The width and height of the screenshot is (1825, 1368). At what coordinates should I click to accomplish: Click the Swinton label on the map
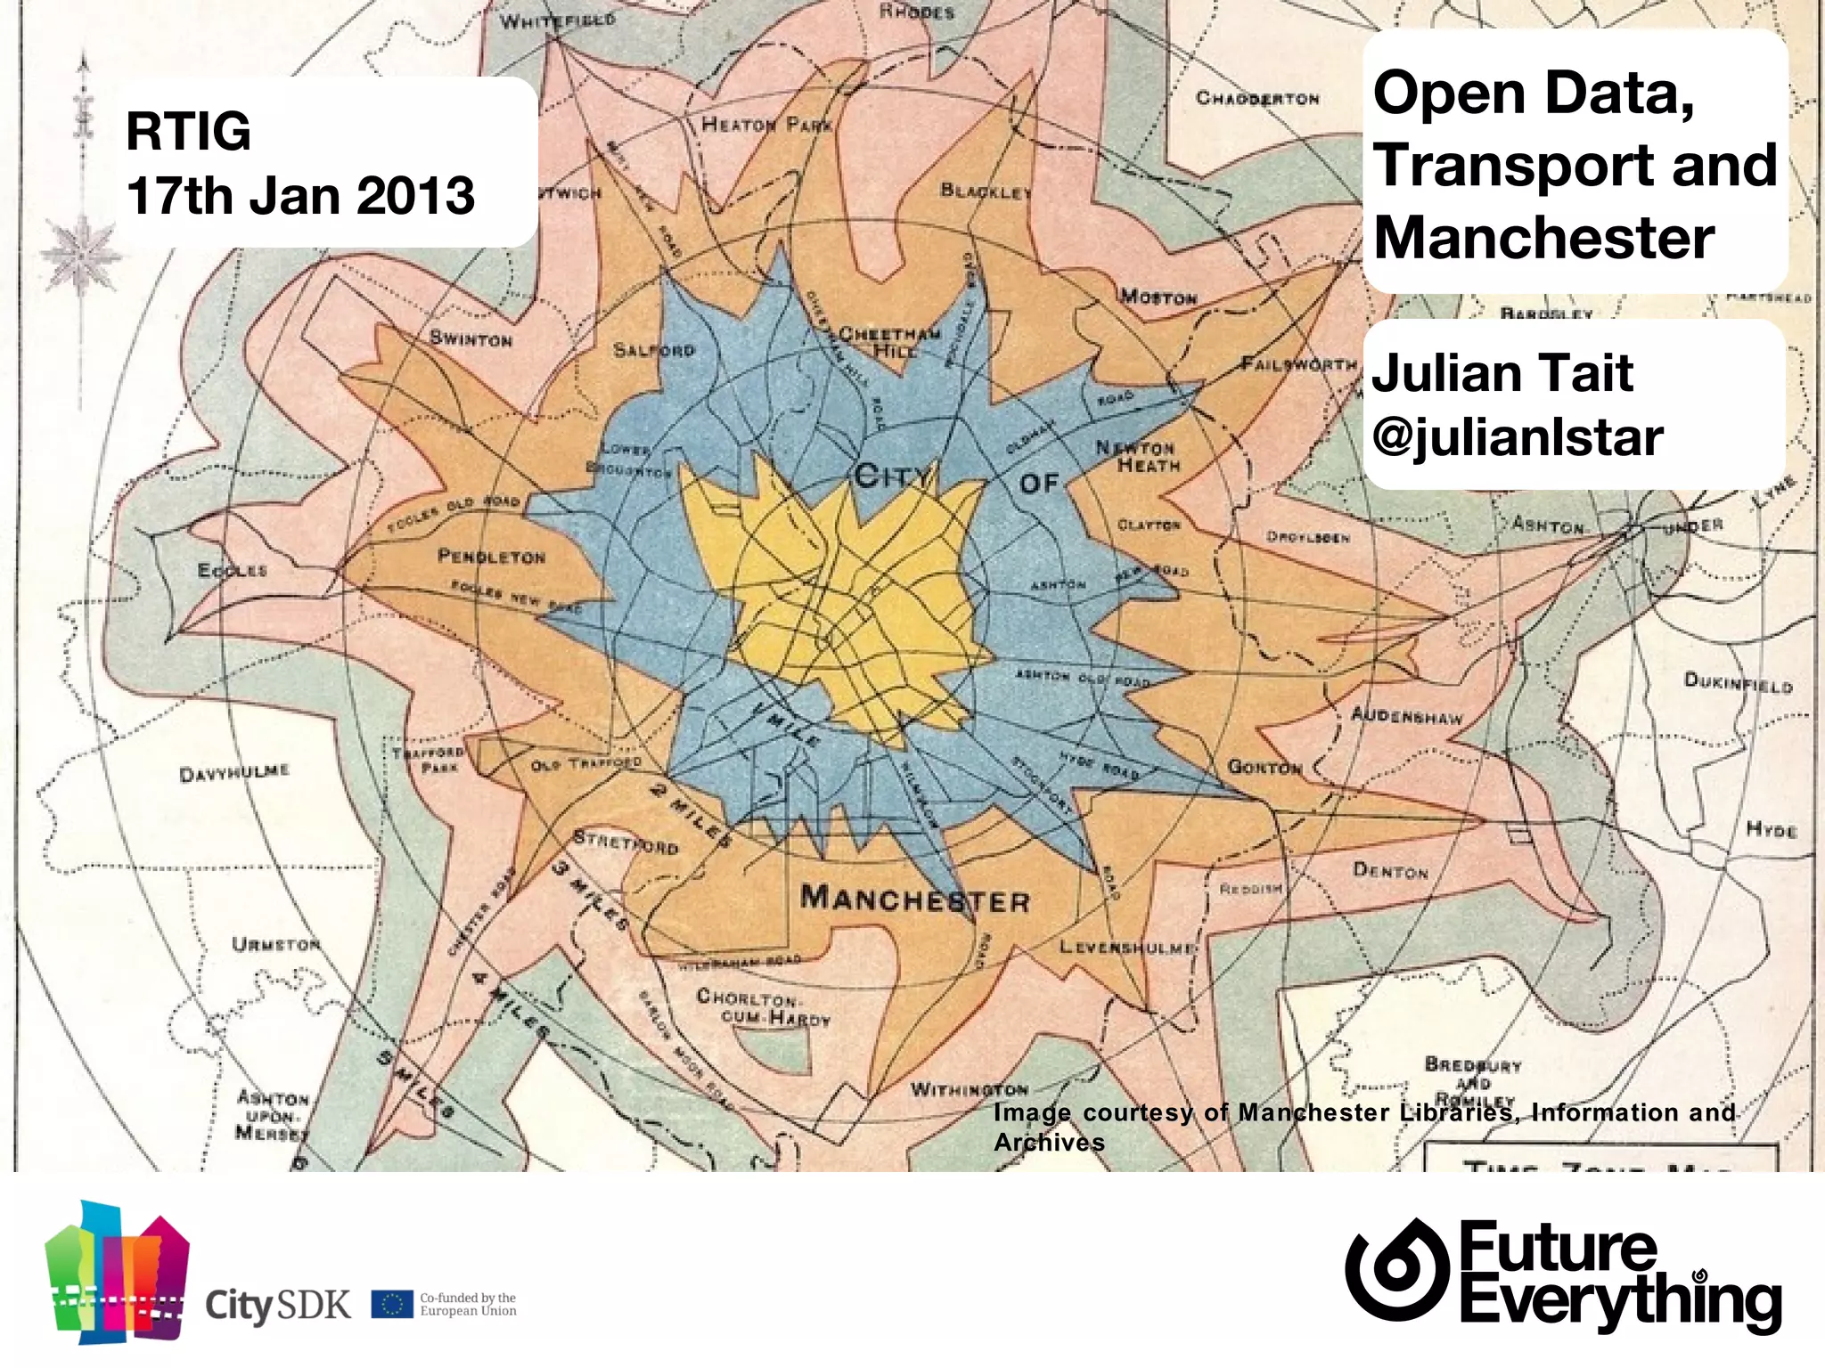[471, 339]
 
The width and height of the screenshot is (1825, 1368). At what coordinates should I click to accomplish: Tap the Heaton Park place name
[766, 125]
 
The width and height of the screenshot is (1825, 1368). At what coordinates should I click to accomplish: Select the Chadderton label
[1257, 98]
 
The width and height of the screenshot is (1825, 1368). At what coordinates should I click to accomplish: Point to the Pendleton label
[491, 557]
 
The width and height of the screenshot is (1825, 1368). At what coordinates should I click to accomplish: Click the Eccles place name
[232, 569]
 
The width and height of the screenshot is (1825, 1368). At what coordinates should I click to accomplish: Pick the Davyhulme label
[234, 771]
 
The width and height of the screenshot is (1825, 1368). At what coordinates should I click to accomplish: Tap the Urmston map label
[275, 943]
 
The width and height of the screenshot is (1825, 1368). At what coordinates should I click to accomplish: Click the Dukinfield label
[1738, 682]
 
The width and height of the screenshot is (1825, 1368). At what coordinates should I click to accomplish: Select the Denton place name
[1390, 870]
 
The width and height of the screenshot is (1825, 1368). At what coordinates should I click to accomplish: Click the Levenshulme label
[1127, 947]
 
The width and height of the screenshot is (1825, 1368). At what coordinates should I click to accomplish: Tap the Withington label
[969, 1089]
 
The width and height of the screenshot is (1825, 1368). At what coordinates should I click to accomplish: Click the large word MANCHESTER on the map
[915, 899]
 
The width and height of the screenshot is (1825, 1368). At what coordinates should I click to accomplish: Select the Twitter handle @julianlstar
[1517, 436]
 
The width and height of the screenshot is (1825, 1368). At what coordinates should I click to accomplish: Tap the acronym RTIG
[188, 131]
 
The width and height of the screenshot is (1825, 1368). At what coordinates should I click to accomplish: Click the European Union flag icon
[392, 1305]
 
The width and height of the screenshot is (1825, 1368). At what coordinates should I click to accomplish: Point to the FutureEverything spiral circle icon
[1396, 1268]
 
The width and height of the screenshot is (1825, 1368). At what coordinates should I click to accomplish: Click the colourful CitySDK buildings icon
[117, 1271]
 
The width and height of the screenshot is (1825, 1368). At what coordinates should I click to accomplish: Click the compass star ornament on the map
[81, 251]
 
